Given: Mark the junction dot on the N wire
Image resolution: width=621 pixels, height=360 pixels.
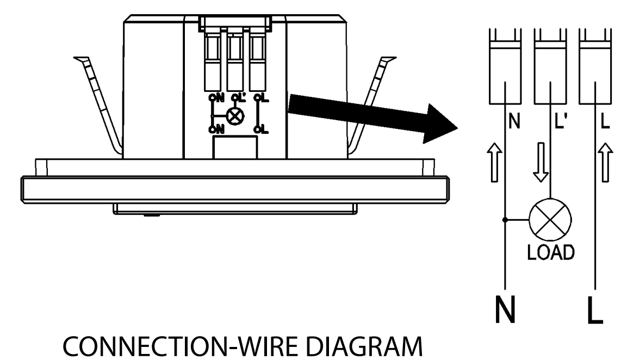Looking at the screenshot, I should (506, 220).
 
